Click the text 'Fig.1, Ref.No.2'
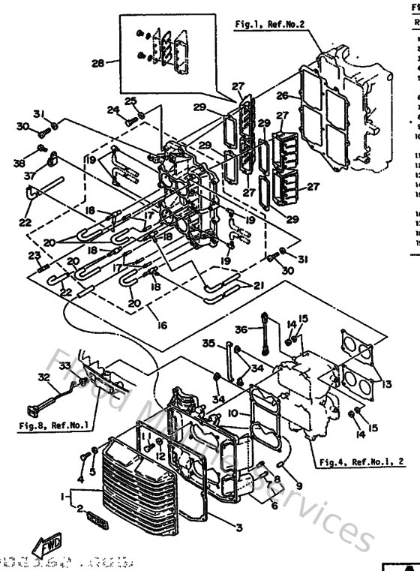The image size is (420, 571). tap(269, 25)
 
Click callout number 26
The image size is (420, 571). tap(282, 95)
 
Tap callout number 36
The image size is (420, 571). tap(241, 329)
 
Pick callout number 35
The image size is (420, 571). tap(208, 344)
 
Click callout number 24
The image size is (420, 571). tap(113, 110)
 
